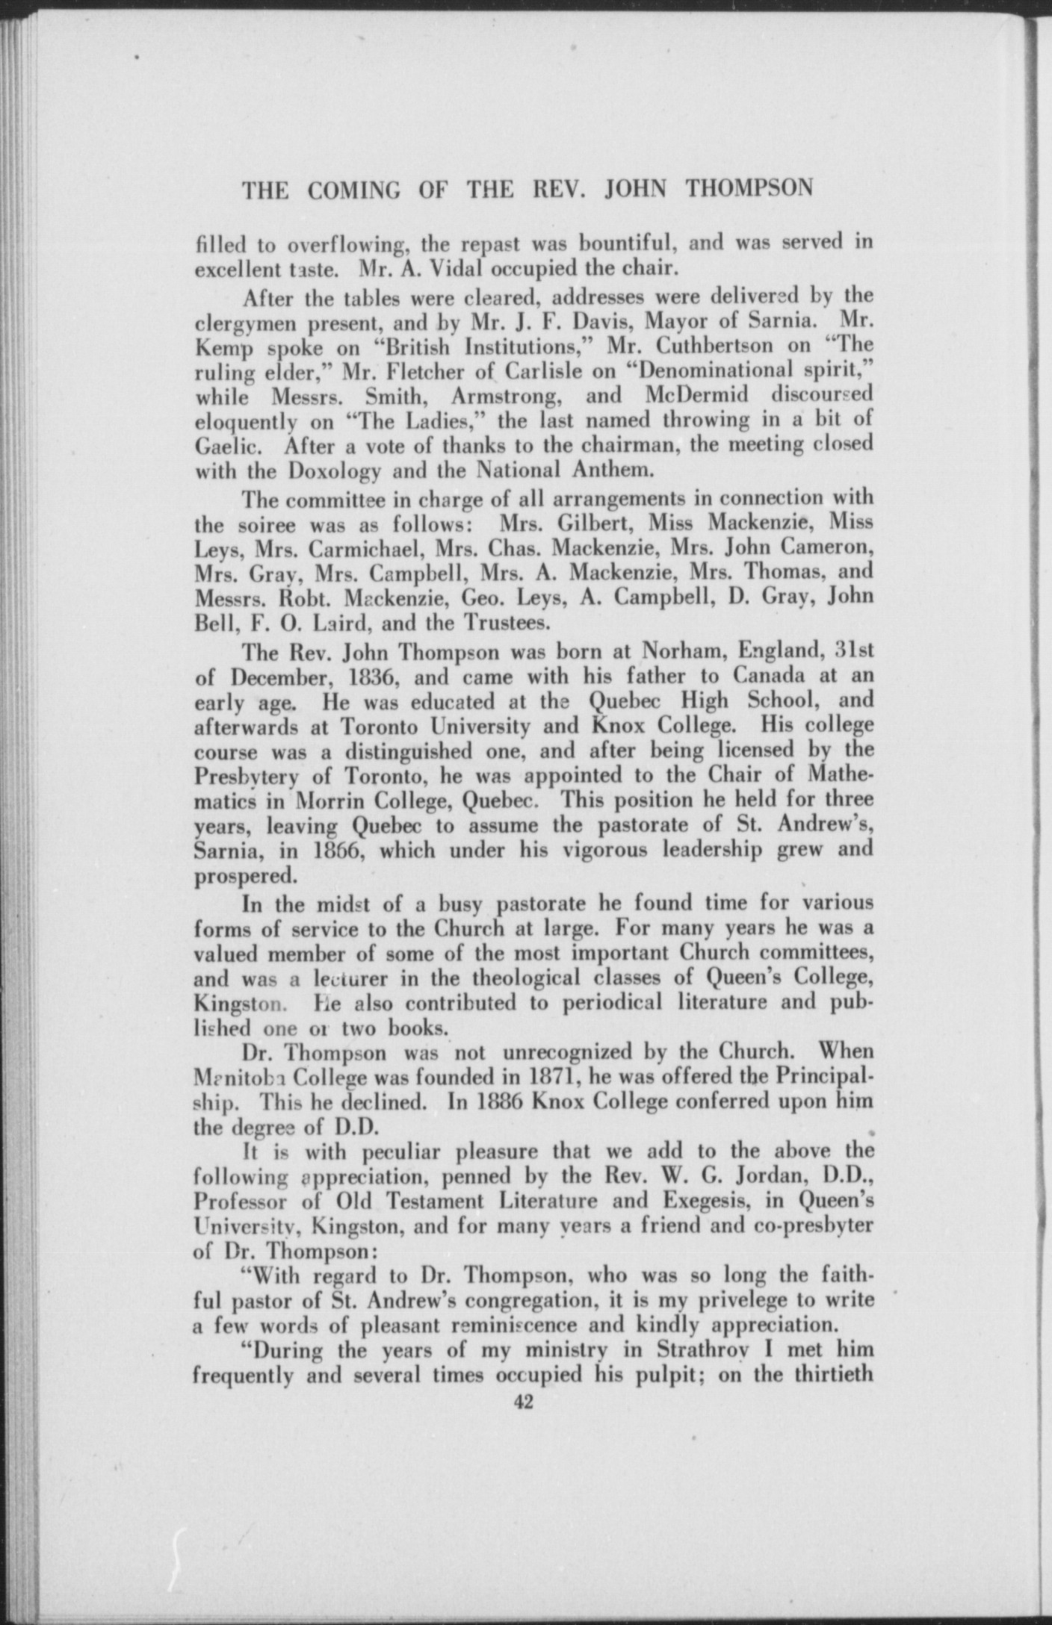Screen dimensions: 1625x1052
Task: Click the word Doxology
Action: pyautogui.click(x=333, y=472)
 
